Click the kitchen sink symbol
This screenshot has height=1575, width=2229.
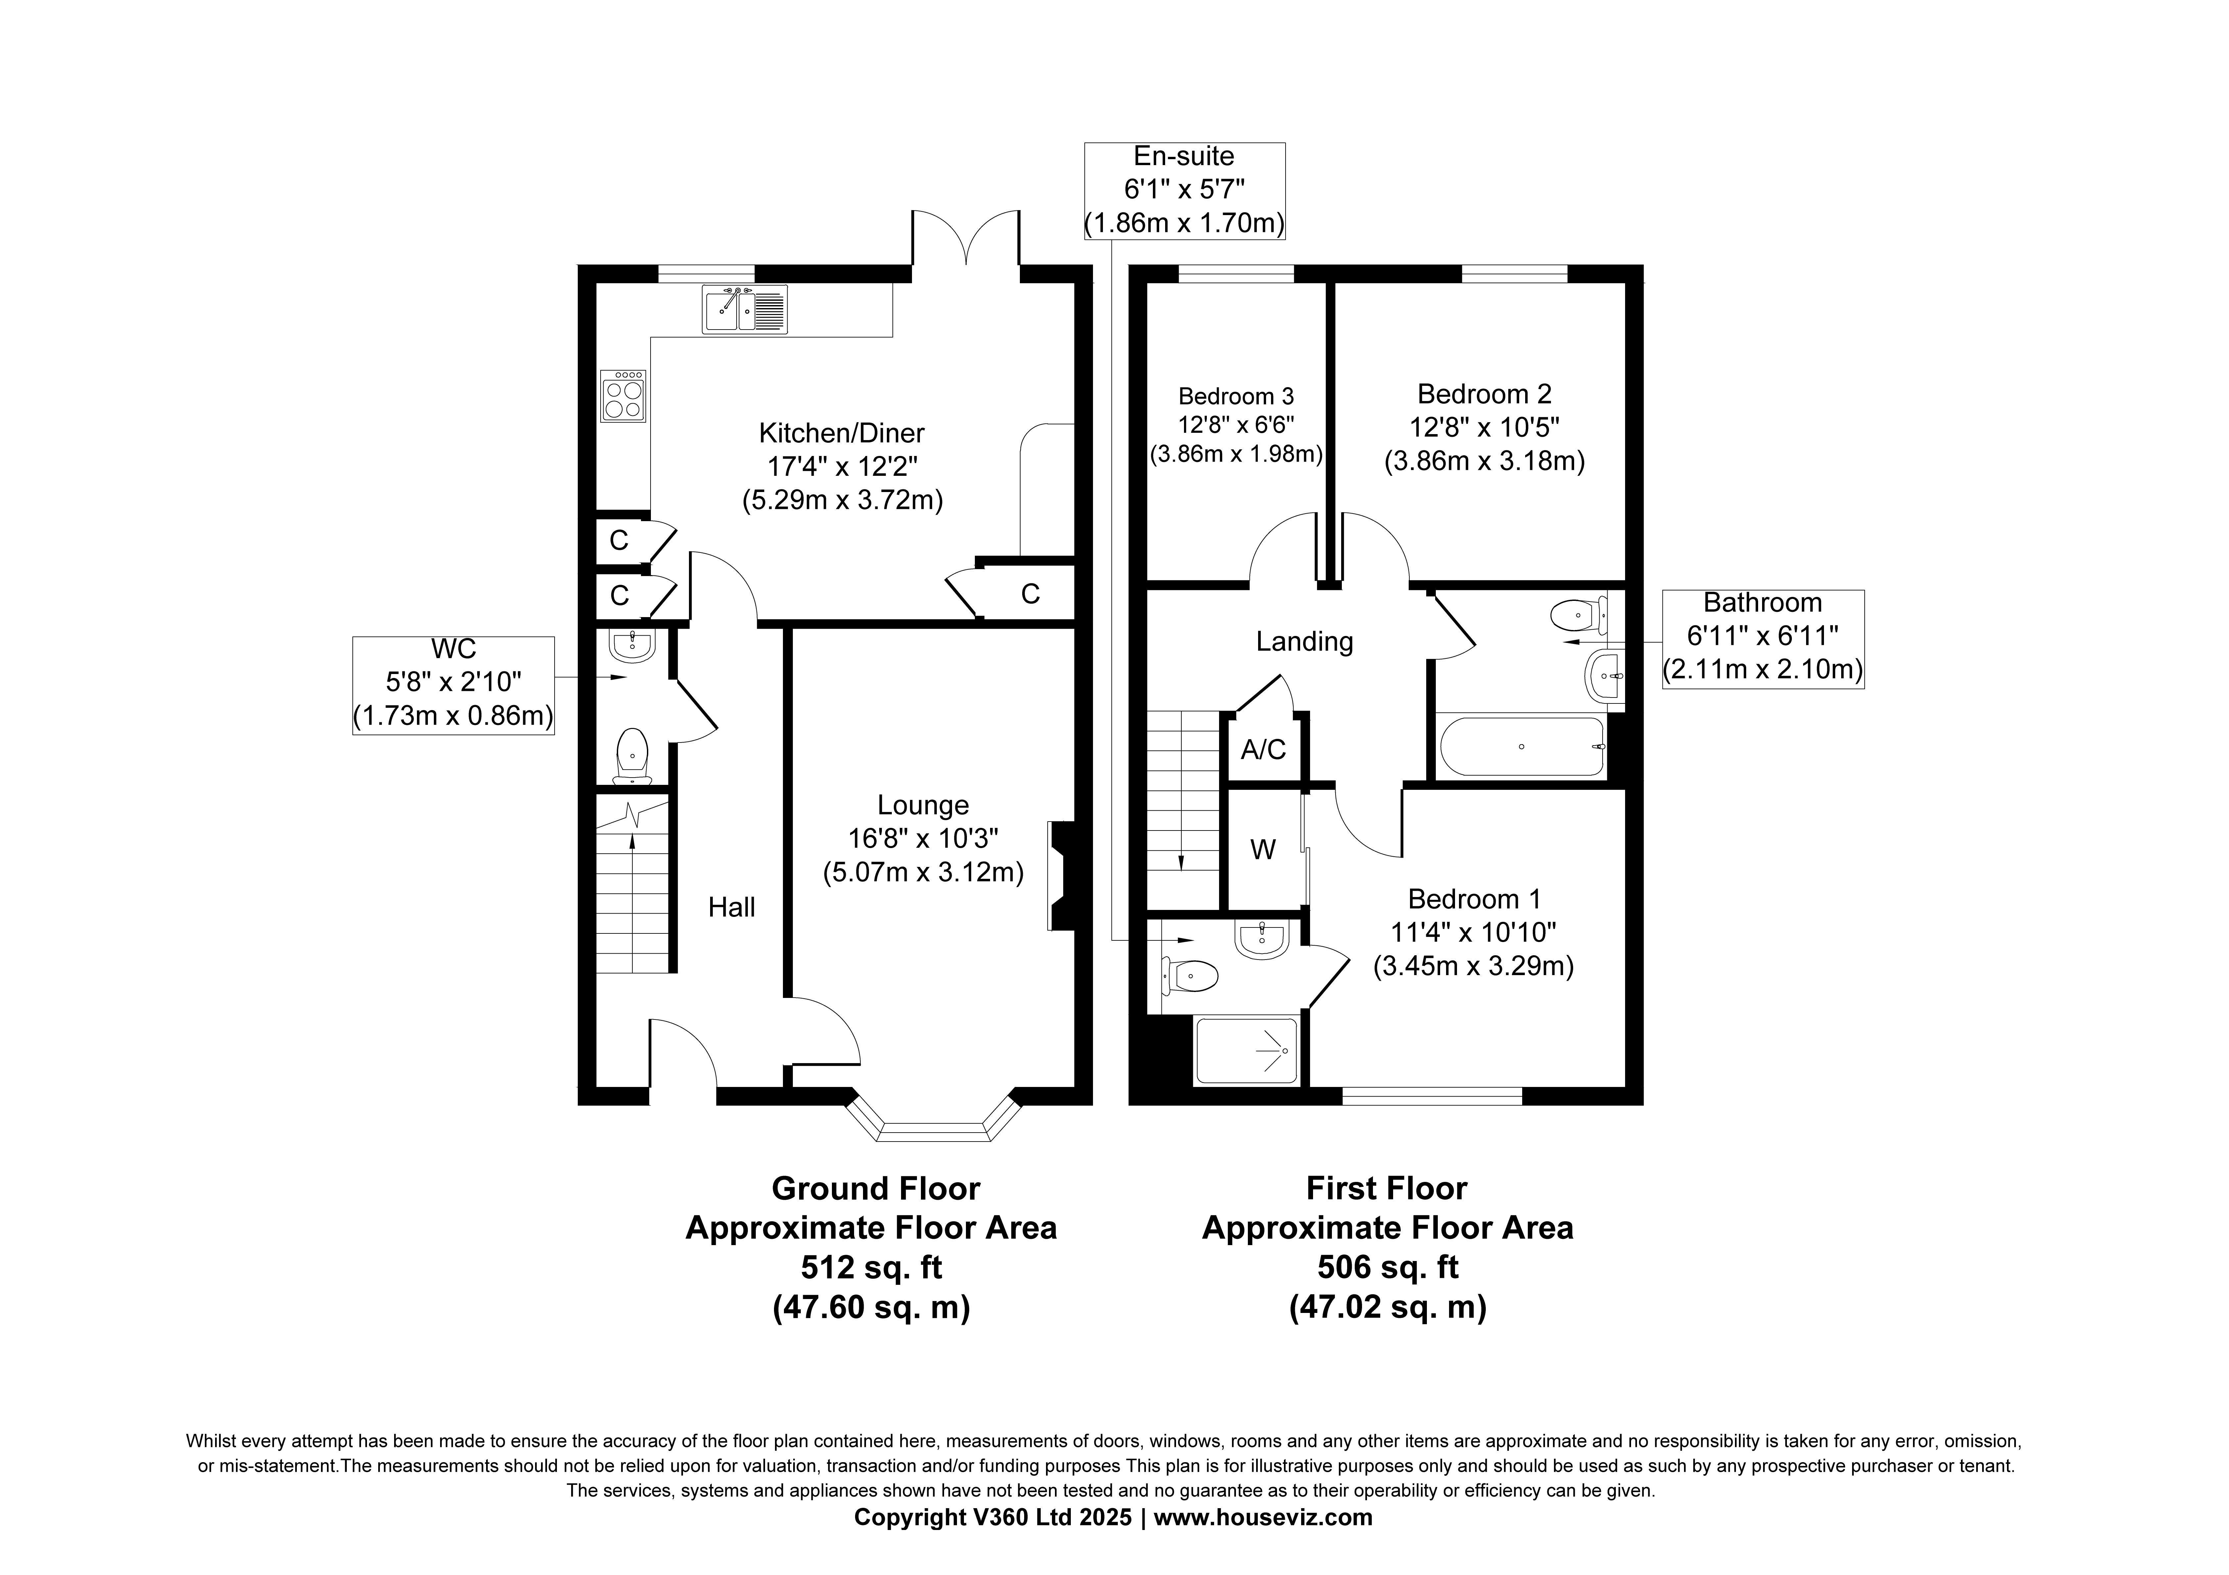pyautogui.click(x=745, y=309)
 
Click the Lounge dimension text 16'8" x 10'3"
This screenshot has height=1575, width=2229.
pyautogui.click(x=923, y=838)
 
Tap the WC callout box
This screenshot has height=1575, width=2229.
pyautogui.click(x=453, y=686)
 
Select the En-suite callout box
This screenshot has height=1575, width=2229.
pyautogui.click(x=1184, y=190)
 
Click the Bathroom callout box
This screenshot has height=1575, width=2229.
pyautogui.click(x=1763, y=639)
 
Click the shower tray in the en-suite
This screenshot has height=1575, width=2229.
pyautogui.click(x=1246, y=1051)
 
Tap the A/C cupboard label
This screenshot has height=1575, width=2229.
pyautogui.click(x=1263, y=750)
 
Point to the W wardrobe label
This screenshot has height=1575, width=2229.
pyautogui.click(x=1263, y=850)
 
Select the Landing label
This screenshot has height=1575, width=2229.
pyautogui.click(x=1304, y=641)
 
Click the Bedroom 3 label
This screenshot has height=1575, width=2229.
pyautogui.click(x=1236, y=396)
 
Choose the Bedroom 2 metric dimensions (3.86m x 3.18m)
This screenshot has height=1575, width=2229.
pyautogui.click(x=1484, y=460)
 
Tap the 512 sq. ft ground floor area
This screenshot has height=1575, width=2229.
pyautogui.click(x=871, y=1267)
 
